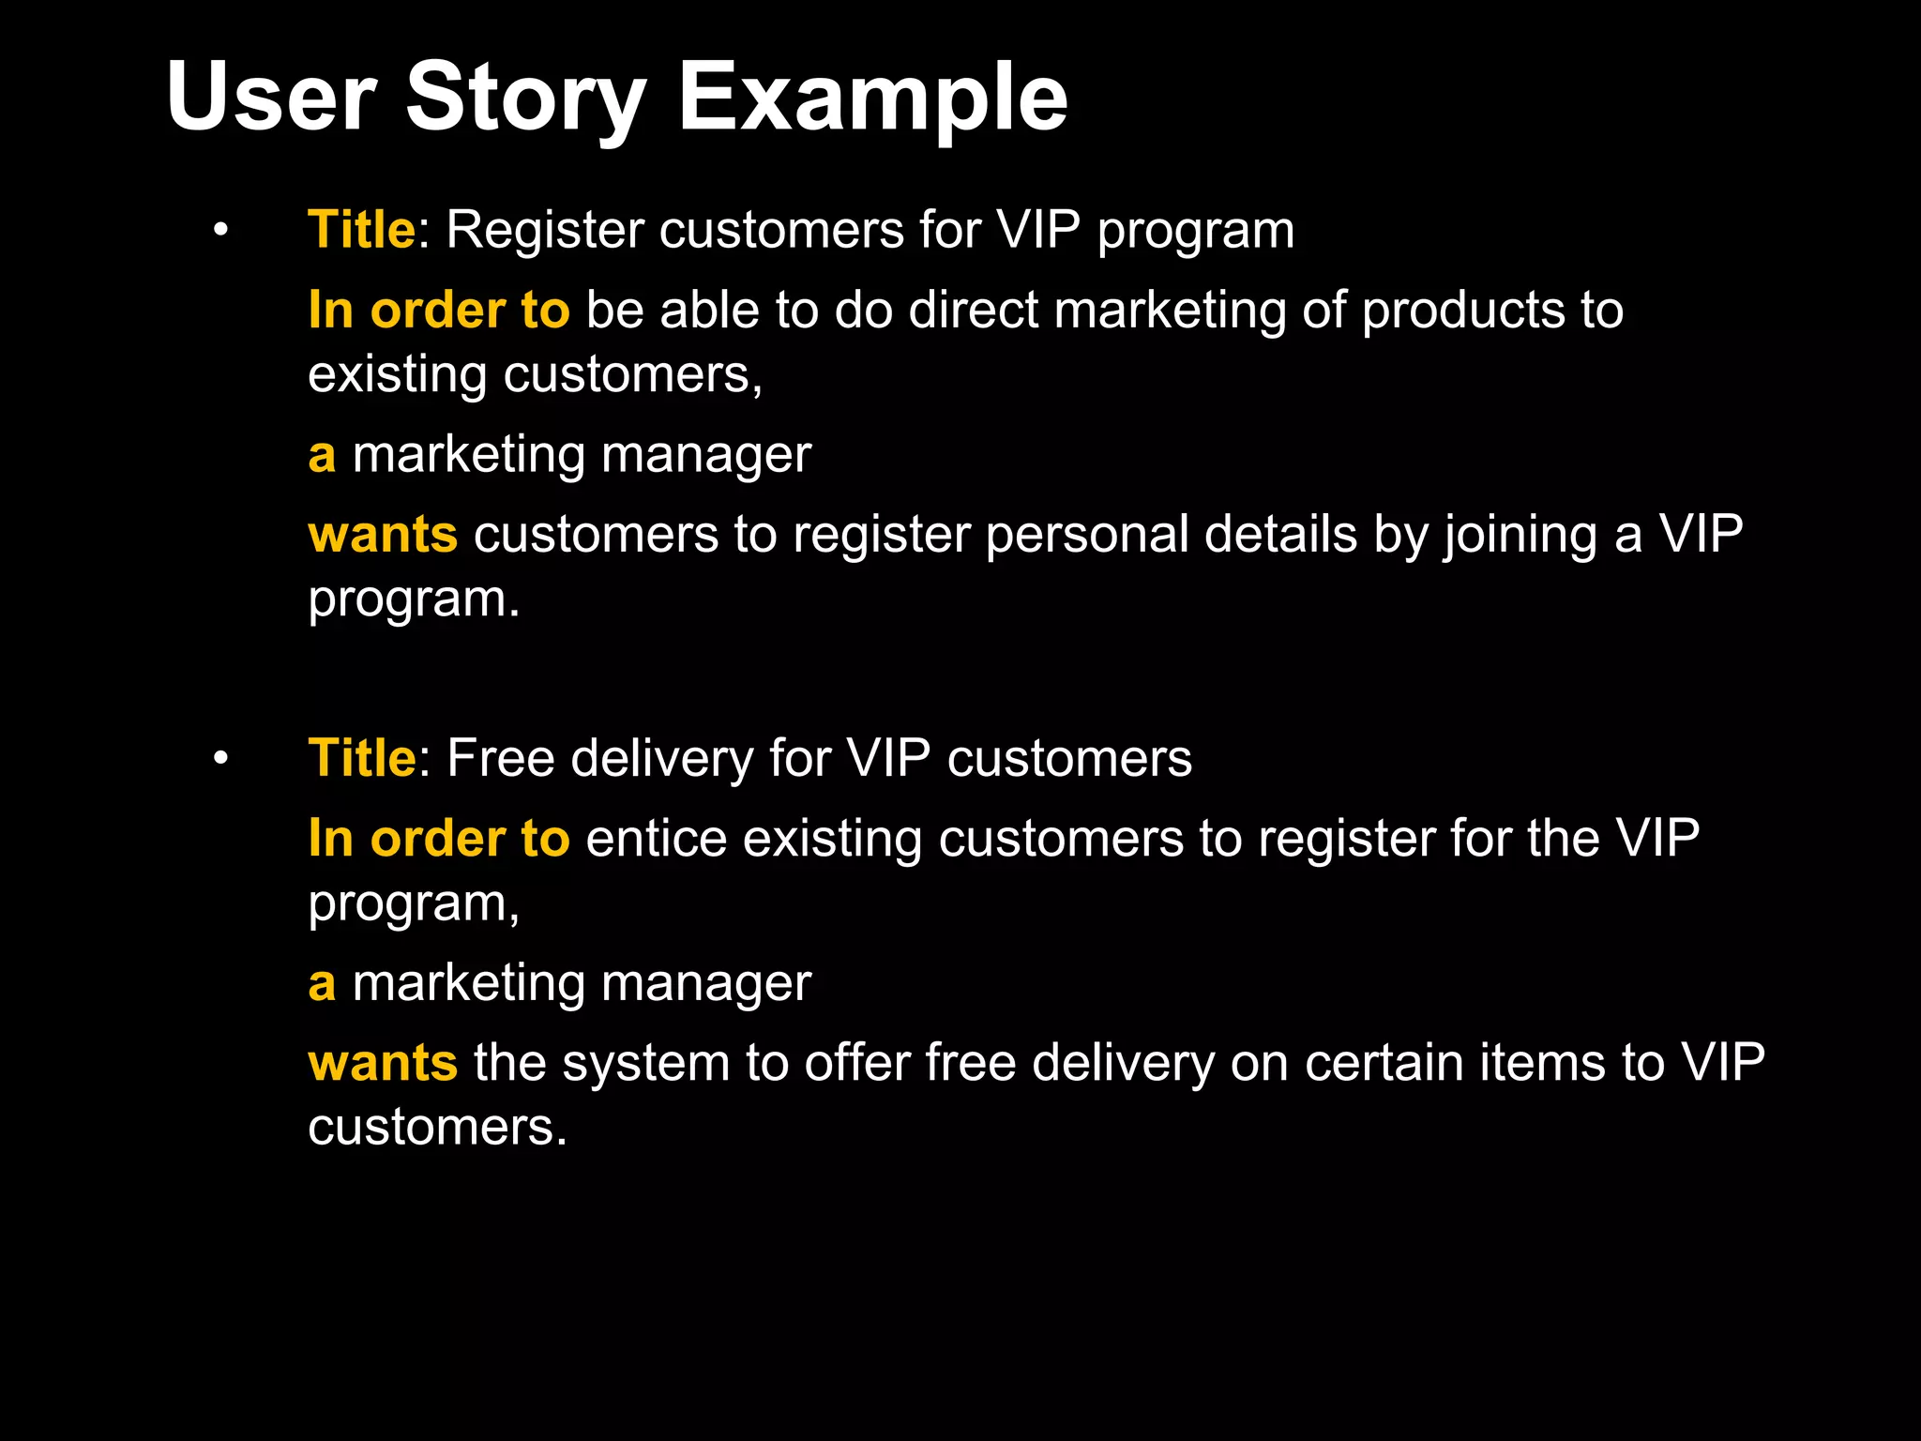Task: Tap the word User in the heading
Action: click(271, 97)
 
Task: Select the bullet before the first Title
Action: click(220, 230)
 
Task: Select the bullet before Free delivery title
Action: click(220, 758)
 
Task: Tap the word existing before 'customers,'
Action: click(397, 375)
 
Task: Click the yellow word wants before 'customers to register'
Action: click(383, 535)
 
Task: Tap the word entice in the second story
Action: click(657, 839)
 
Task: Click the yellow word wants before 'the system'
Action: click(383, 1063)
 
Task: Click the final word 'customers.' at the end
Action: click(437, 1127)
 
